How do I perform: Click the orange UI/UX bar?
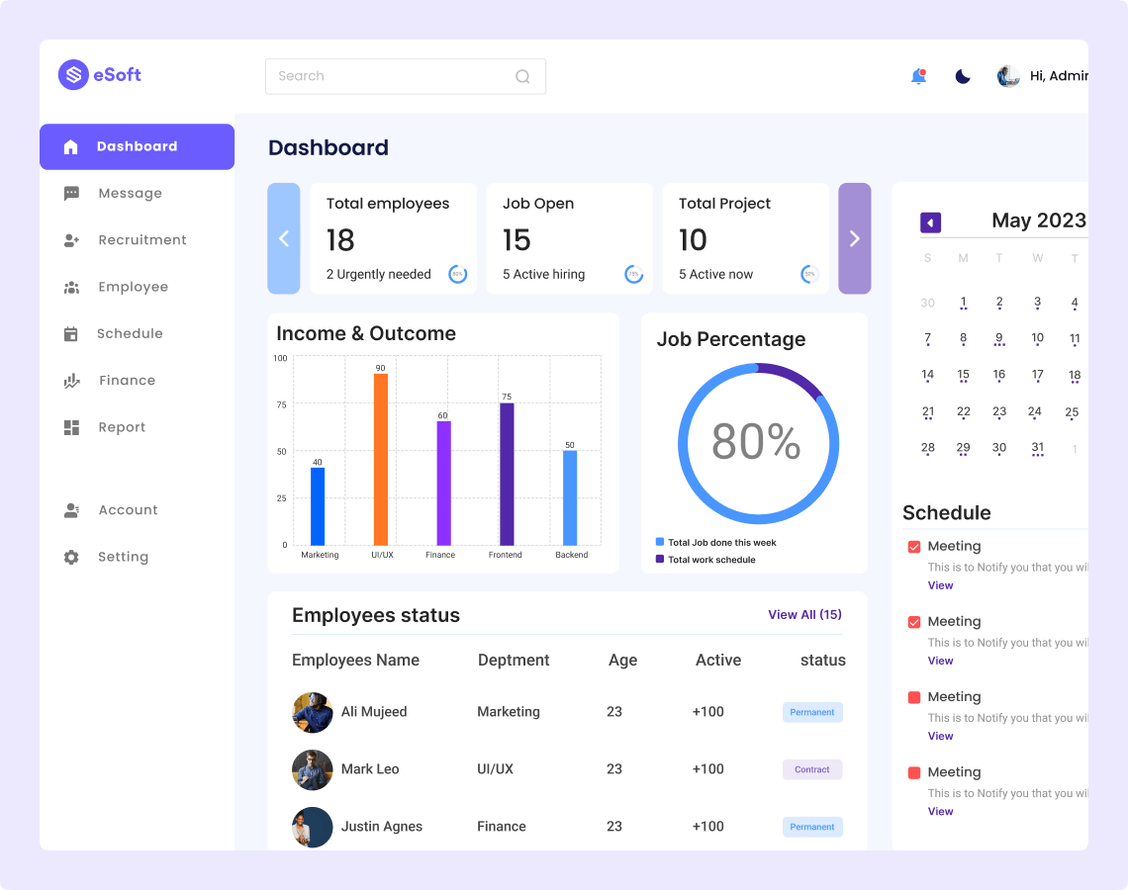(x=380, y=459)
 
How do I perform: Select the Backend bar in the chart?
(x=570, y=497)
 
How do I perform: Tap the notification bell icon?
(x=918, y=76)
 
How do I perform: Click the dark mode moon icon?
(x=963, y=76)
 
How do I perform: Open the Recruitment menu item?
(x=141, y=240)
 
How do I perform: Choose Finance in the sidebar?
(x=127, y=381)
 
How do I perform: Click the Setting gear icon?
(x=71, y=557)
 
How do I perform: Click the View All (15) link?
(x=804, y=614)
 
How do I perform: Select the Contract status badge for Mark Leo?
(x=812, y=769)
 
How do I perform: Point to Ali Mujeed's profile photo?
(x=313, y=712)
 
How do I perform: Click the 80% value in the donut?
(x=756, y=442)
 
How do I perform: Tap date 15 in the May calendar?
(x=963, y=375)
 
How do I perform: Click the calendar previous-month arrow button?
(x=930, y=222)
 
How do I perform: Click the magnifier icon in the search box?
(x=522, y=76)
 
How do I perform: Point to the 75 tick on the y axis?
(x=282, y=404)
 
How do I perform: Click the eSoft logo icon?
(x=73, y=75)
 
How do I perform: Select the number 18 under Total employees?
(x=340, y=240)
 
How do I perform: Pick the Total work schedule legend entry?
(x=710, y=560)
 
